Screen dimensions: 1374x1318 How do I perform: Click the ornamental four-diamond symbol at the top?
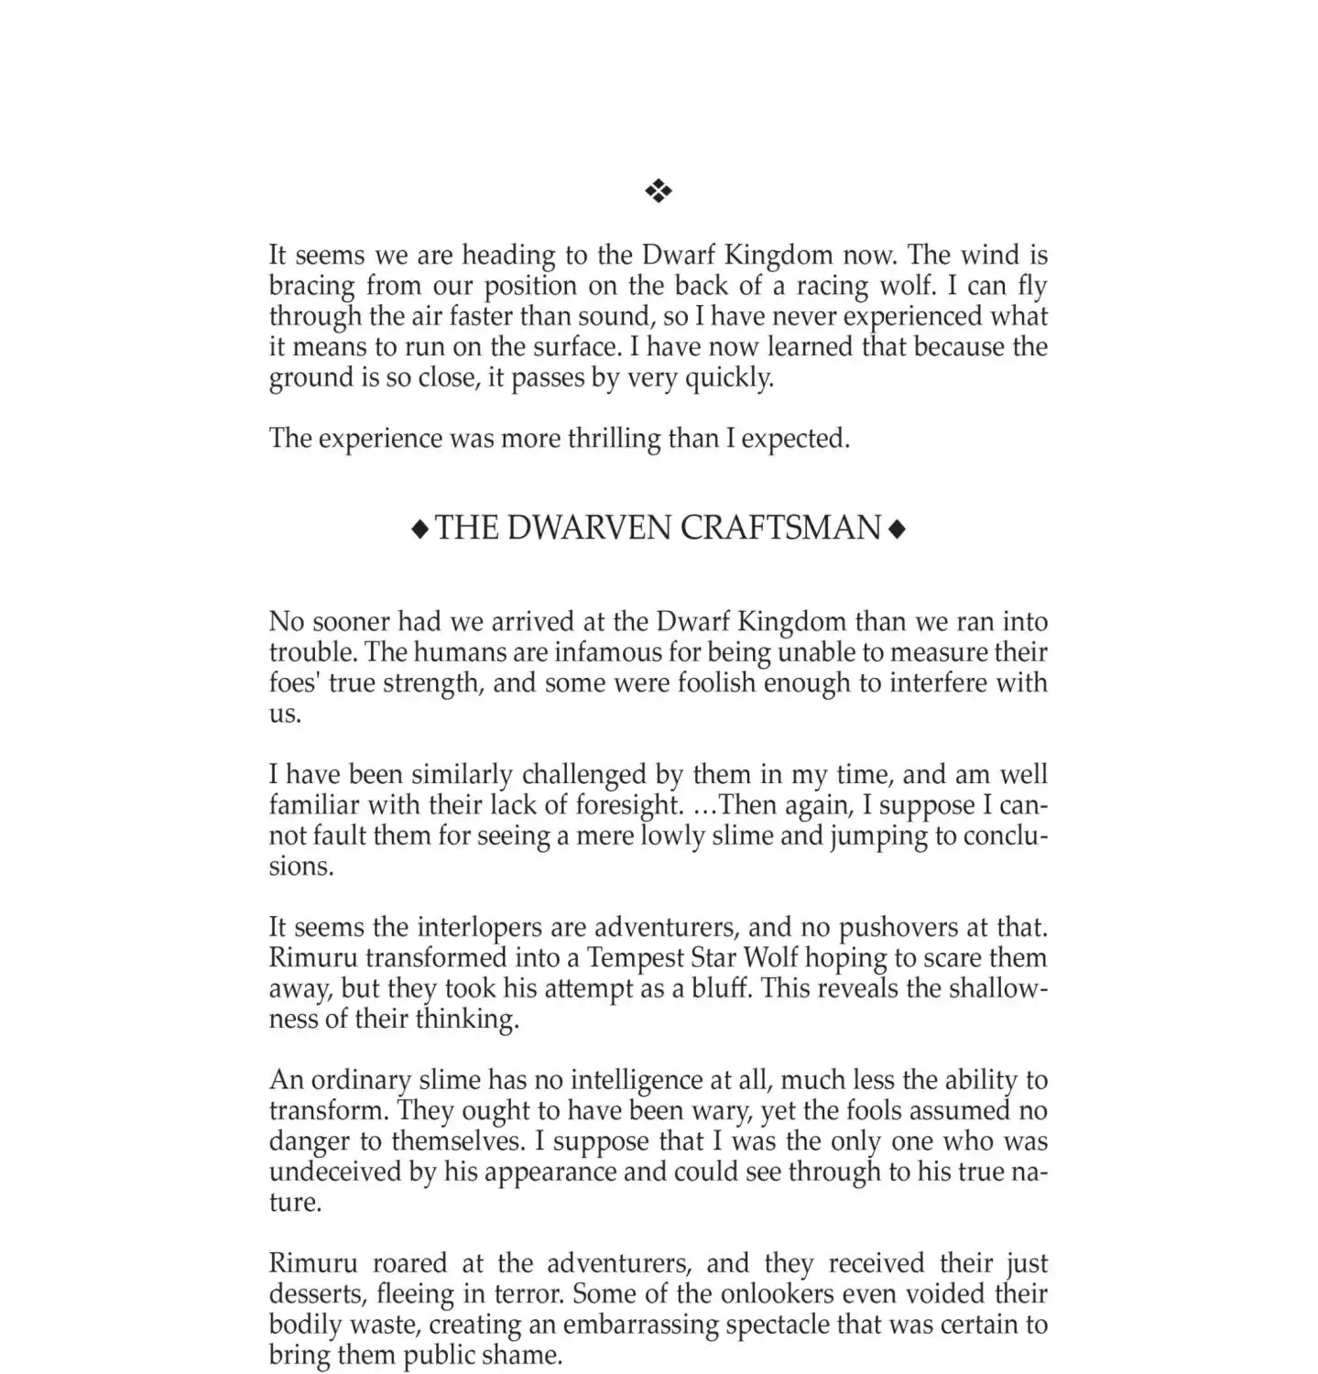659,191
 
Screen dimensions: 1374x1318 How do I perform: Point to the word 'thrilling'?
614,439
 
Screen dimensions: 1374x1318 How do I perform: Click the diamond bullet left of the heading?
419,529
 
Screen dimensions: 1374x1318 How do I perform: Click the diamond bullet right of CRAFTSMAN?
898,529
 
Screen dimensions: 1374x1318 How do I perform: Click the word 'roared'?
411,1263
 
